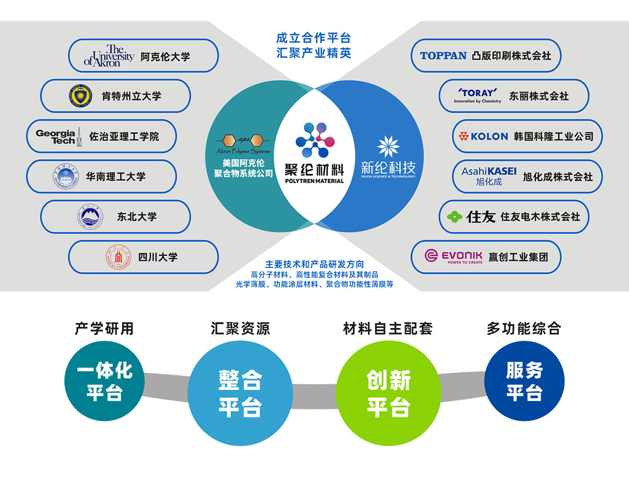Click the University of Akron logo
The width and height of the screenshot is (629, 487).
click(109, 56)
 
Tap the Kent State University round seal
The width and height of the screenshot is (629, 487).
click(80, 96)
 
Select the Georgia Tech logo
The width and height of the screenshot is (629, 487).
click(58, 136)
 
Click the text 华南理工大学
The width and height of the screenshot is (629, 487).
click(116, 177)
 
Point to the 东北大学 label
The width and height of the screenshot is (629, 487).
click(137, 217)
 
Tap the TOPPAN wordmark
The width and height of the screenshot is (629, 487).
click(443, 56)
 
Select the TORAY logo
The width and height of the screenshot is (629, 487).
click(478, 95)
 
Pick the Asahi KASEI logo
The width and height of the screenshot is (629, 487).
click(489, 176)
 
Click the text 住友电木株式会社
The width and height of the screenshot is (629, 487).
click(540, 217)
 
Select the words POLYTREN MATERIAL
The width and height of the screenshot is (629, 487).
click(314, 181)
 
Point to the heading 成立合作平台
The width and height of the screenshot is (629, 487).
click(313, 38)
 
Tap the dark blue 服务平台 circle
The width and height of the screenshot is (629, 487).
click(524, 381)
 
